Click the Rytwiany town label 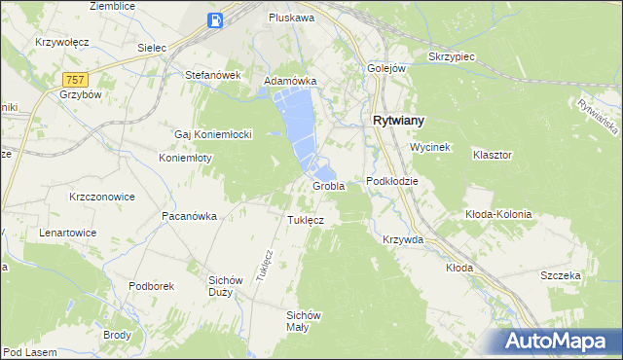point(398,121)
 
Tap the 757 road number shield point(73,78)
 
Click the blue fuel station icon point(216,19)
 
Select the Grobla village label point(329,186)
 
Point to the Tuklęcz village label point(306,220)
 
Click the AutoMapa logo point(560,342)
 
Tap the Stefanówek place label point(212,74)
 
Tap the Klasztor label point(492,155)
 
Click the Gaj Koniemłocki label point(213,134)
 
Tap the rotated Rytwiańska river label point(598,118)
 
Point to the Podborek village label point(151,286)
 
